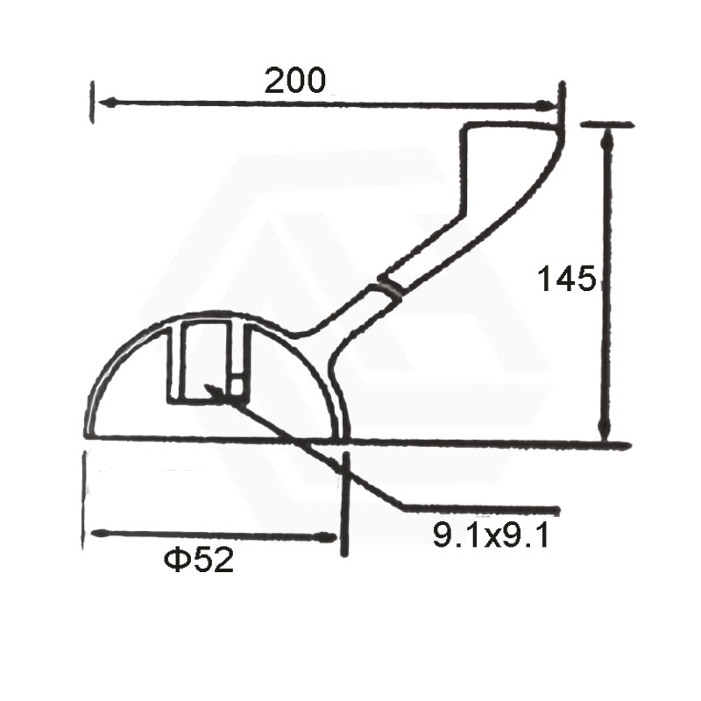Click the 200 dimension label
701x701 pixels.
(295, 81)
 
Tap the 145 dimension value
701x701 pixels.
(567, 278)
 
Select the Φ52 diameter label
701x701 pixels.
(199, 560)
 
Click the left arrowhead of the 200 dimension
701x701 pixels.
(107, 103)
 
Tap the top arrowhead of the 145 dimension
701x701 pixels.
(606, 138)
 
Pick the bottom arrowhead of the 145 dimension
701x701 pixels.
(605, 430)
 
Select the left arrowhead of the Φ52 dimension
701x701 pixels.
(100, 533)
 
